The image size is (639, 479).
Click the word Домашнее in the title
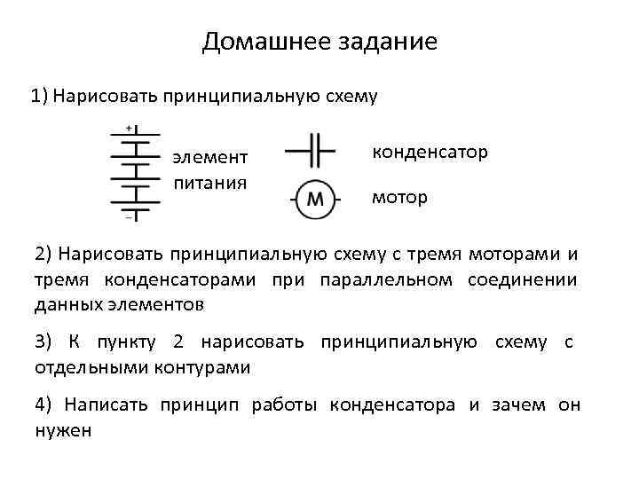tap(258, 42)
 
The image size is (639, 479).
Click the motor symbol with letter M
tap(314, 198)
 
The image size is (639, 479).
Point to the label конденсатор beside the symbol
tap(430, 152)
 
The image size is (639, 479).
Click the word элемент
tap(210, 158)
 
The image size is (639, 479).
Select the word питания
tap(209, 184)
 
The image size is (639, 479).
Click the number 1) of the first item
tap(39, 95)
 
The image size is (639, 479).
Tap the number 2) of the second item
tap(44, 255)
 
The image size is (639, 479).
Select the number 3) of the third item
tap(44, 342)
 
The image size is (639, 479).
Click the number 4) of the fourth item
tap(44, 405)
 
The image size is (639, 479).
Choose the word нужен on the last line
tap(63, 430)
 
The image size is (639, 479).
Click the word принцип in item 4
tap(197, 405)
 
